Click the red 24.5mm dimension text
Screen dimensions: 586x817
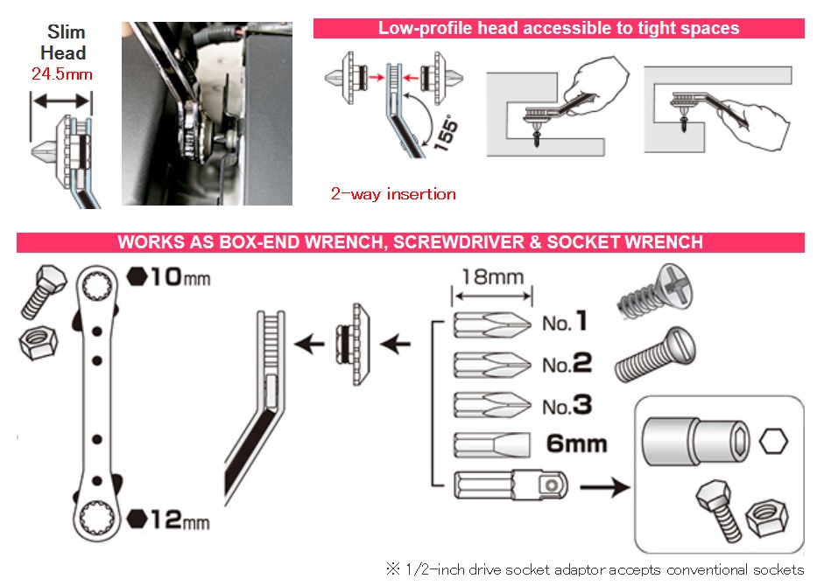(x=61, y=74)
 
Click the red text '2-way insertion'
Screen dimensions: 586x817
(x=393, y=194)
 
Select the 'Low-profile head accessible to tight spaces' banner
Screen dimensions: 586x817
(x=559, y=28)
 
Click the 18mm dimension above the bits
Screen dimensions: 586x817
(x=492, y=278)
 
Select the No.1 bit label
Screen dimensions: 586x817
(x=564, y=324)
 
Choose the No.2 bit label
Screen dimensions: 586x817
(x=566, y=364)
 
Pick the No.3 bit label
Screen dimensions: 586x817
(x=566, y=405)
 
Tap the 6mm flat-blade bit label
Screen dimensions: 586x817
(x=576, y=443)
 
